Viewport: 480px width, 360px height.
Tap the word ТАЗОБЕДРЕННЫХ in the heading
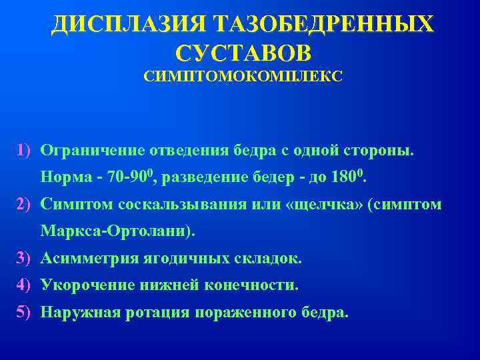point(323,25)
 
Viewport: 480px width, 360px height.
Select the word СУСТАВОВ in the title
point(243,53)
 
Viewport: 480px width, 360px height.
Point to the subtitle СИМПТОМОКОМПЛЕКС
point(243,77)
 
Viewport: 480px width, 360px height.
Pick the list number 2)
point(26,204)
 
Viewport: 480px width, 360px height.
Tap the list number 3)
point(26,258)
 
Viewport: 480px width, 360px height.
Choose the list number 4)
point(26,285)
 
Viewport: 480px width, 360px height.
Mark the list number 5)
point(26,311)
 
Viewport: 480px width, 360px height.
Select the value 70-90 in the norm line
point(133,178)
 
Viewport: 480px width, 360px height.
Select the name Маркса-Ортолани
point(117,231)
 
